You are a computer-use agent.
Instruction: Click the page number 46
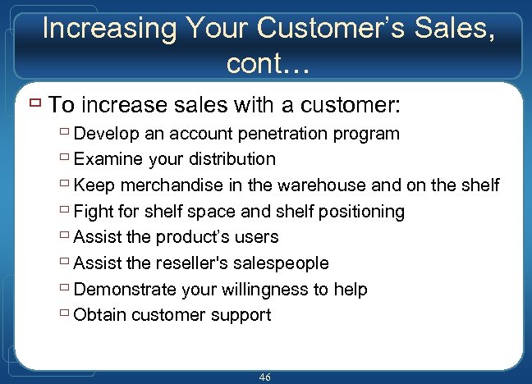(x=264, y=377)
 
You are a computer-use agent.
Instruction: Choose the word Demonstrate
(x=125, y=289)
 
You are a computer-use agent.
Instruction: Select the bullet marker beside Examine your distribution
(x=64, y=158)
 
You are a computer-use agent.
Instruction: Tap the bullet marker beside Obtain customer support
(x=64, y=314)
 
